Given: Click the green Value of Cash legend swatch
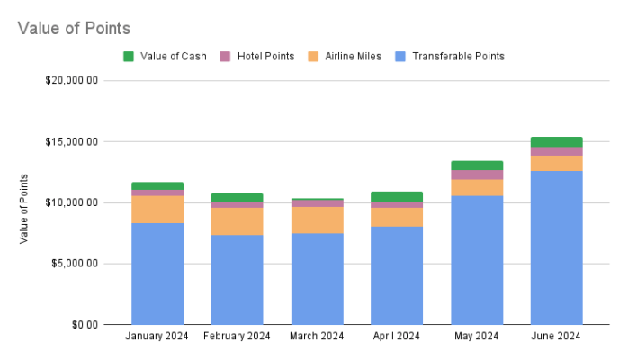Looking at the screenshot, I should tap(128, 56).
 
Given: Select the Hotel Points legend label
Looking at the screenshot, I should tap(266, 56).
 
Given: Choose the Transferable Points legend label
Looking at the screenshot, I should tap(457, 56).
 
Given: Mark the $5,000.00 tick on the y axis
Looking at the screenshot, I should tap(76, 264).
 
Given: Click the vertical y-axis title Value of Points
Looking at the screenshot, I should tap(24, 208).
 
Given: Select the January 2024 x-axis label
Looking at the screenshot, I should tap(157, 337).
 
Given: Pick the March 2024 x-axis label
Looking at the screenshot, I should tap(317, 337).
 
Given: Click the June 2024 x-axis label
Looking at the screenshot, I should tap(556, 337).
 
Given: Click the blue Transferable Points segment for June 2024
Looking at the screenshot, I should tap(556, 247).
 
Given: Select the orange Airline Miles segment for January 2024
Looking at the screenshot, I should tap(157, 209).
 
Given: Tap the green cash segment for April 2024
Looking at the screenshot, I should tap(397, 196).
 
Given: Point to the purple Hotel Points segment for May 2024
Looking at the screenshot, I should tap(476, 175).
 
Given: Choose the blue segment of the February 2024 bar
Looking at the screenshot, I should tap(237, 279).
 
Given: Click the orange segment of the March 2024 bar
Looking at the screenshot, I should tap(317, 220).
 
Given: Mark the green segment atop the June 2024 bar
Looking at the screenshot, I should tap(556, 141).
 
